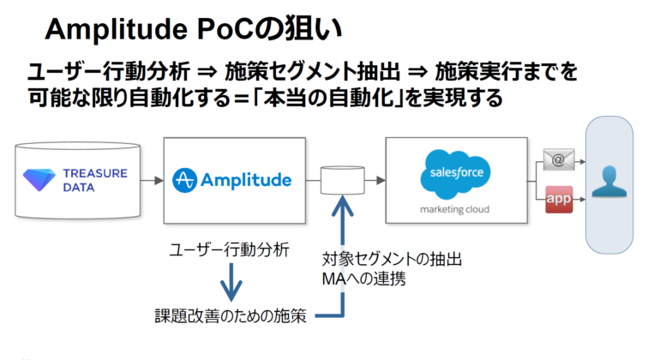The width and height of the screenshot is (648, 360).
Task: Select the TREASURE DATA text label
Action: point(95,179)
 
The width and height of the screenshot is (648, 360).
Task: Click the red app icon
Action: point(557,199)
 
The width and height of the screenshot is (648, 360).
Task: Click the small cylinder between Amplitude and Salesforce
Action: point(338,182)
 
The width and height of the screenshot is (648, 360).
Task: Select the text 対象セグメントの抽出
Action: point(392,259)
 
